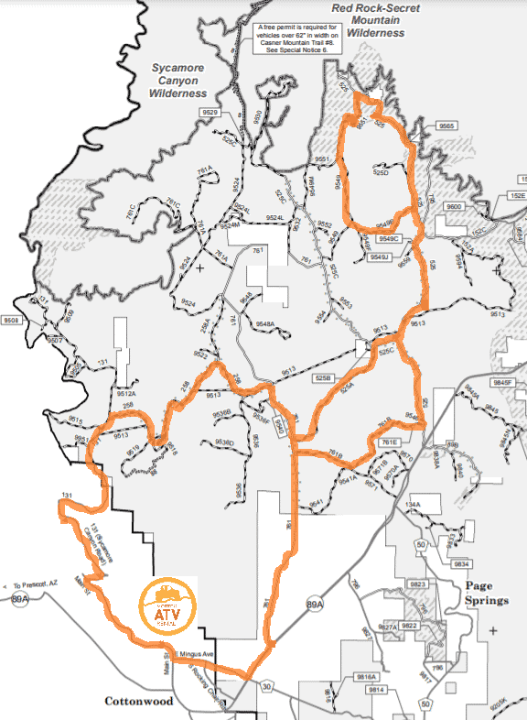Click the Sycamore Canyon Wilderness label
point(179,80)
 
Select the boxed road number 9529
point(210,112)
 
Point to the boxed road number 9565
point(447,125)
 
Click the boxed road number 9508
point(11,321)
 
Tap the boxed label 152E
point(518,196)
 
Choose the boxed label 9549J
point(380,257)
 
